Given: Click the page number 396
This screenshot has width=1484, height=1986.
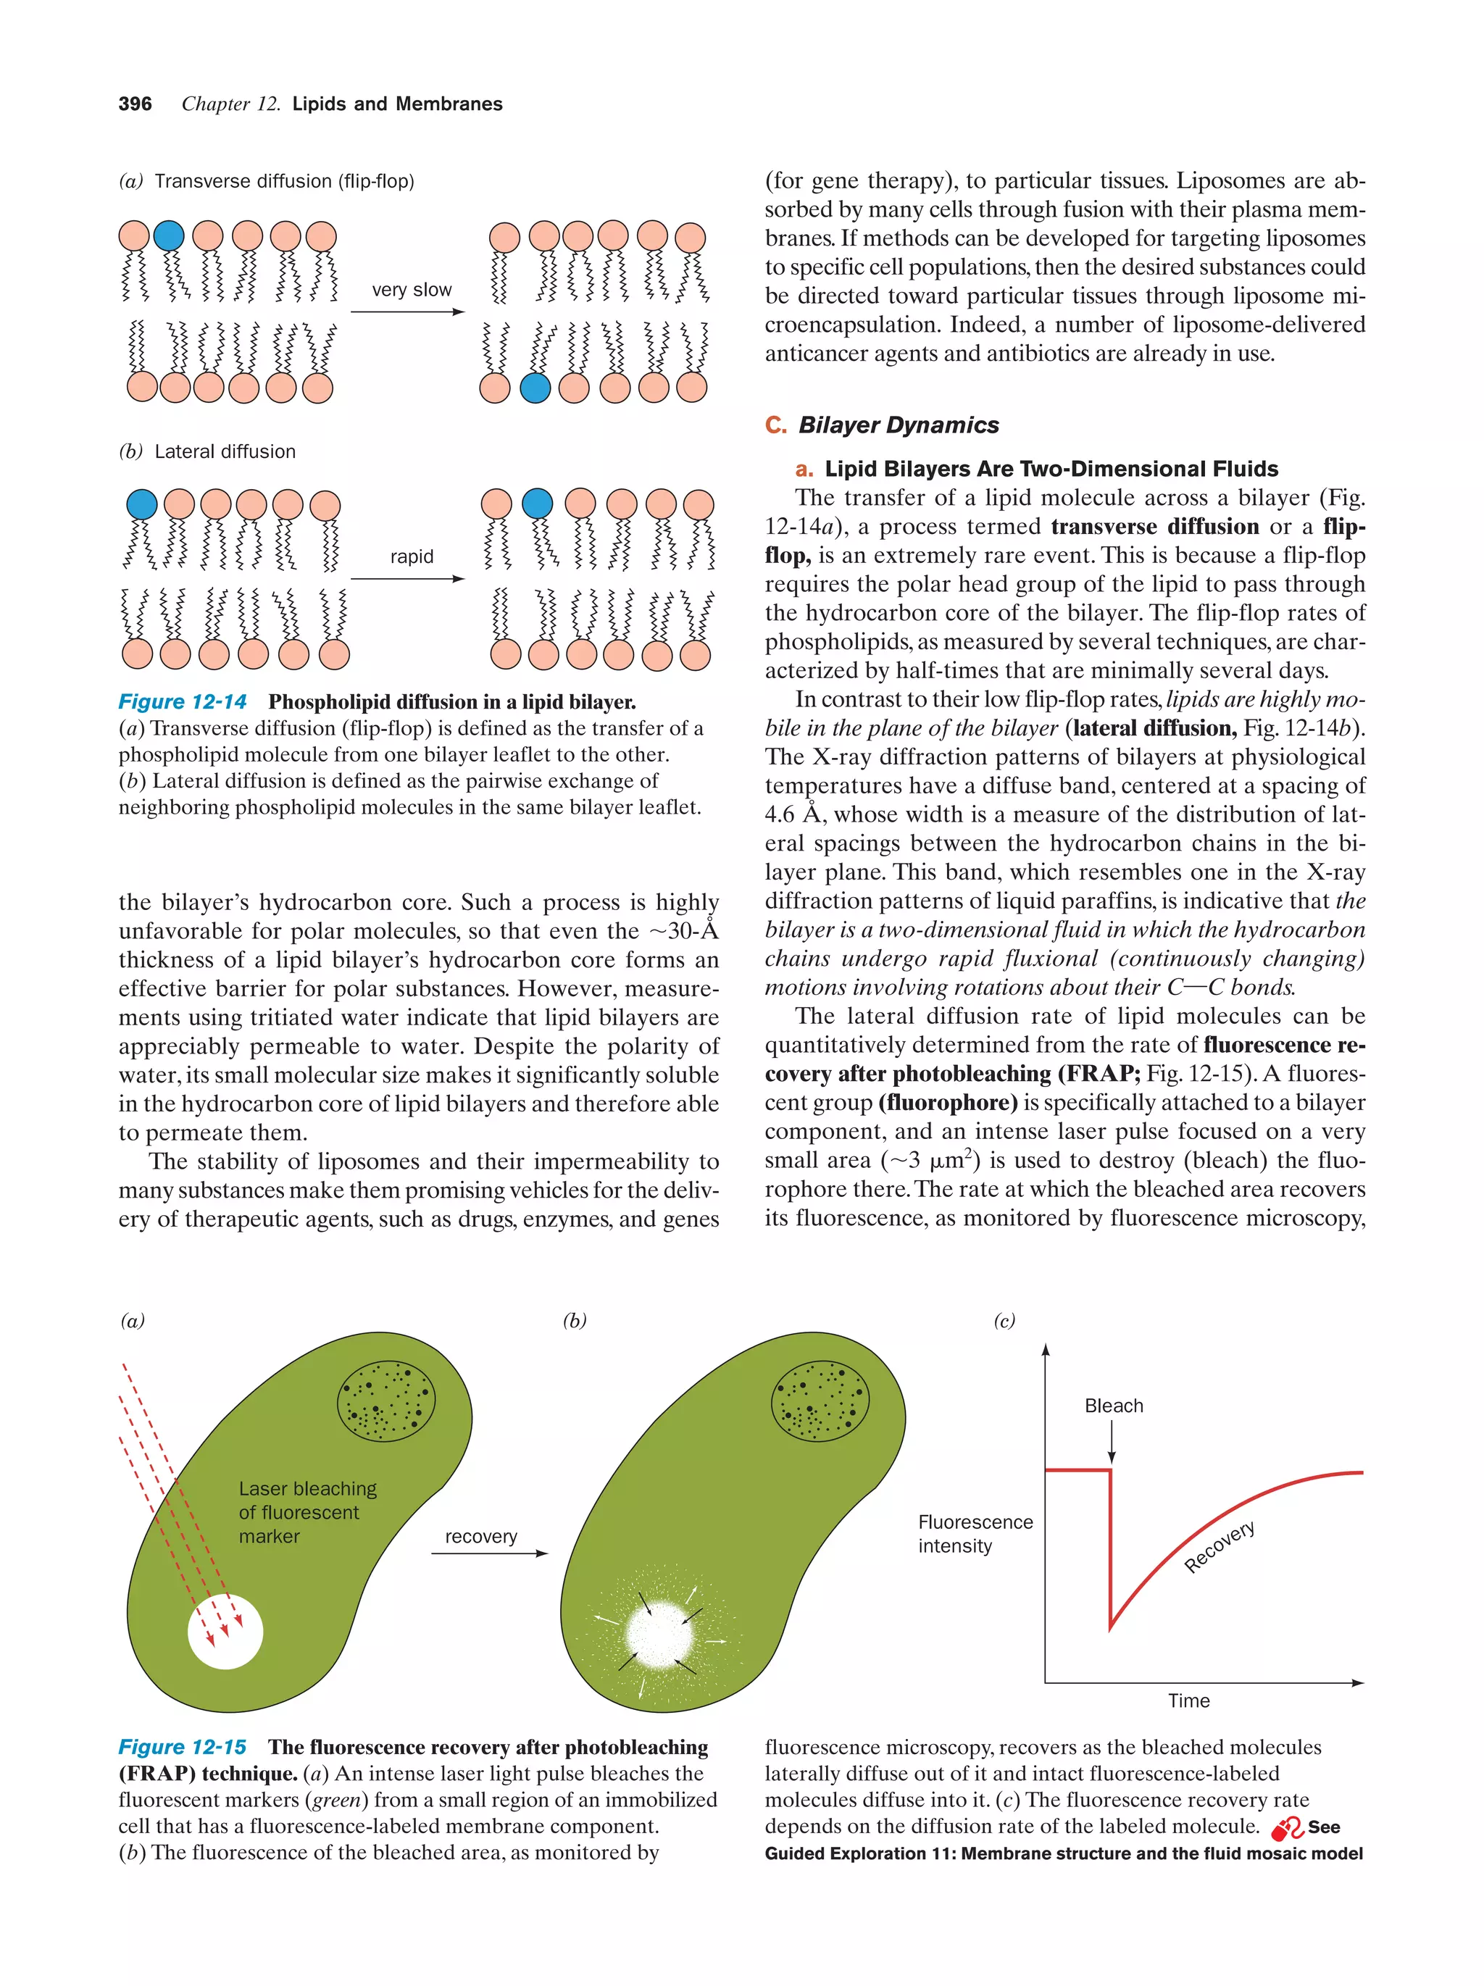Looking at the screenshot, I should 135,104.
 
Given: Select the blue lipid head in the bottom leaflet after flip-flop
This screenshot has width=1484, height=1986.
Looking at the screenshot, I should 535,388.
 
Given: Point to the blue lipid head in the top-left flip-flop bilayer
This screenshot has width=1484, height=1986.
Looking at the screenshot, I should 169,235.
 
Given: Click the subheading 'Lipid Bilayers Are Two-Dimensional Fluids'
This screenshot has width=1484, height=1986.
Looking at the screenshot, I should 1051,469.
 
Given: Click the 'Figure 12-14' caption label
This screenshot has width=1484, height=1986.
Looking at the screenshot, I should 183,702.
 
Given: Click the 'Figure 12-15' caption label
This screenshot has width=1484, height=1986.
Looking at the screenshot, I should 183,1747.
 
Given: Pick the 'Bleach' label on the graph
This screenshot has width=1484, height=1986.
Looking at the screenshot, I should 1113,1406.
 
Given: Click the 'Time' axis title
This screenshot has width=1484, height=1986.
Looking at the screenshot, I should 1188,1701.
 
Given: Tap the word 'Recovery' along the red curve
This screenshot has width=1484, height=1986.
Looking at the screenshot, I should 1220,1547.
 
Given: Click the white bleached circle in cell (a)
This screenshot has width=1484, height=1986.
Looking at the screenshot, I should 225,1632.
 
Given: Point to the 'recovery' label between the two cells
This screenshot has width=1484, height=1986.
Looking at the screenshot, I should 480,1536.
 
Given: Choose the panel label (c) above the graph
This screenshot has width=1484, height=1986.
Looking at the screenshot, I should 1004,1321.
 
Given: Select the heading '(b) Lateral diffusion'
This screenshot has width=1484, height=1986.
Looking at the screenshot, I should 207,451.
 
